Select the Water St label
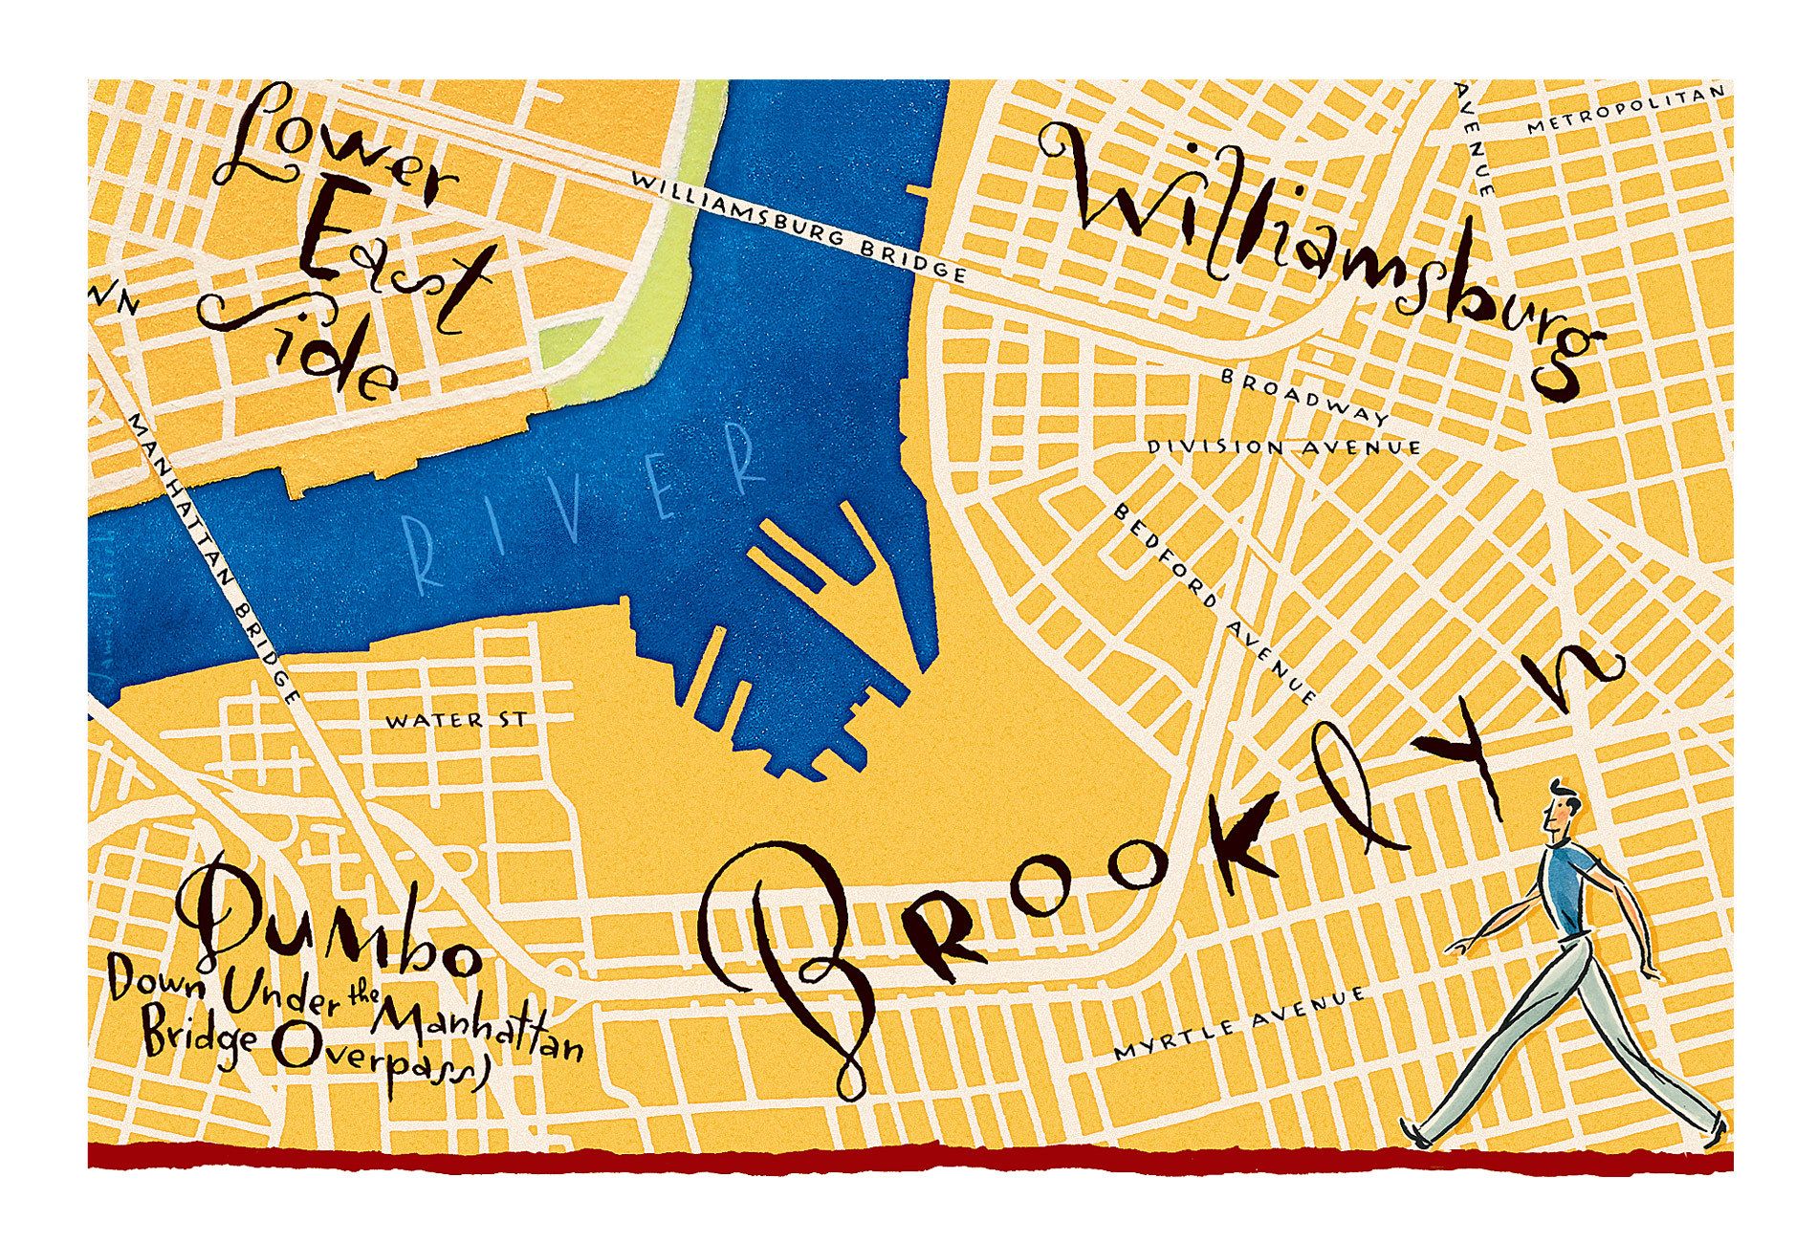point(455,719)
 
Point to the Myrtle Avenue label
point(1240,1024)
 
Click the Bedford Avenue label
point(1215,602)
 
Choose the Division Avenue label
point(1283,447)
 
